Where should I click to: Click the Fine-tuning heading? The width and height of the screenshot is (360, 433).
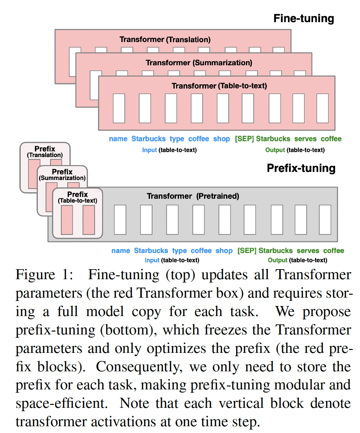click(303, 18)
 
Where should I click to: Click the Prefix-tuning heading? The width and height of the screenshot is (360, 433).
click(301, 168)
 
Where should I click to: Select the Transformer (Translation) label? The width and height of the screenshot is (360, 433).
click(165, 39)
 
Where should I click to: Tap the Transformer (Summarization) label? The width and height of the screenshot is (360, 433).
click(199, 63)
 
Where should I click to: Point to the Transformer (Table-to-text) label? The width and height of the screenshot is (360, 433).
click(219, 86)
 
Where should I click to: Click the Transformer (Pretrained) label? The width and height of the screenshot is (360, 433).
click(193, 196)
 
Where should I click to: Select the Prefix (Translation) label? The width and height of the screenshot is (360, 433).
click(45, 152)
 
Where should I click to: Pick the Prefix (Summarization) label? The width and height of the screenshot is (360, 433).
click(62, 174)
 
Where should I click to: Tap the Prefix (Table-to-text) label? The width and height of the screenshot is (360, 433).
click(78, 197)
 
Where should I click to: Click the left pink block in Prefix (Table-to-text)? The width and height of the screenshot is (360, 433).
click(67, 220)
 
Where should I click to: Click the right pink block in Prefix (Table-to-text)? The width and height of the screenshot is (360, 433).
click(89, 220)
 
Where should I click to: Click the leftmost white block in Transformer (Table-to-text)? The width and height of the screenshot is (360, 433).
click(119, 108)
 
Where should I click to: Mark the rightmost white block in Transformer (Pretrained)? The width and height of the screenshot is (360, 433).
click(325, 219)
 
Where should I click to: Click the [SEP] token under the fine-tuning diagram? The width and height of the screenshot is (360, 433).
click(244, 139)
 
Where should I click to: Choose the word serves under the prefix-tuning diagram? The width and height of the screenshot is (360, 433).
click(308, 251)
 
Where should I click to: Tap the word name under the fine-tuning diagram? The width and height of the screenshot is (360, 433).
click(118, 139)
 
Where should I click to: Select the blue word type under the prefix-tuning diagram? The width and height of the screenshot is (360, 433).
click(179, 251)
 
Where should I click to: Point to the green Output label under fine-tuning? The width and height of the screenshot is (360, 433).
click(275, 150)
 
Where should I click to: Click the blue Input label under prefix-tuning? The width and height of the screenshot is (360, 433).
click(152, 260)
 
